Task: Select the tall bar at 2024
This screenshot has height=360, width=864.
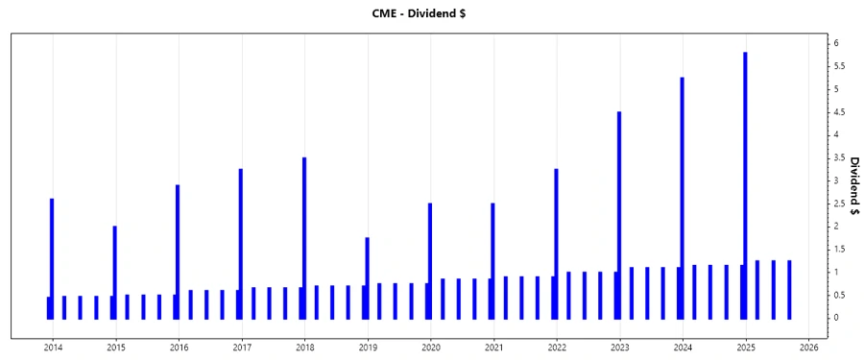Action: click(x=682, y=192)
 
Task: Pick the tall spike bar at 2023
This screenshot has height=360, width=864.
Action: click(x=619, y=211)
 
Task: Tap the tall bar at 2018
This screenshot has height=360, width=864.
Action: click(x=304, y=235)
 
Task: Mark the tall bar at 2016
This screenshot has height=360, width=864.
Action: click(x=178, y=250)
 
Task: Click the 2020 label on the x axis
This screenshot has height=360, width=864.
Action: click(x=430, y=348)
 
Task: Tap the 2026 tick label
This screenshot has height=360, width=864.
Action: click(x=808, y=348)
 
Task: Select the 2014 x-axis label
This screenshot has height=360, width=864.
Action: click(x=52, y=348)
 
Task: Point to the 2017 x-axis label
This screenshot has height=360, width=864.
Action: click(x=241, y=348)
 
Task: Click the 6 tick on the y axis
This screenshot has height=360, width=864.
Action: click(x=837, y=43)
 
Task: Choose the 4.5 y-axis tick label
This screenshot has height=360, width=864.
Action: click(x=838, y=111)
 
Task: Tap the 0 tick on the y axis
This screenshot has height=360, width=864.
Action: click(x=837, y=318)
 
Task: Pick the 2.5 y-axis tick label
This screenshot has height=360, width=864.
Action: click(x=838, y=203)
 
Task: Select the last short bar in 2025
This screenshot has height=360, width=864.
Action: click(x=789, y=289)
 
